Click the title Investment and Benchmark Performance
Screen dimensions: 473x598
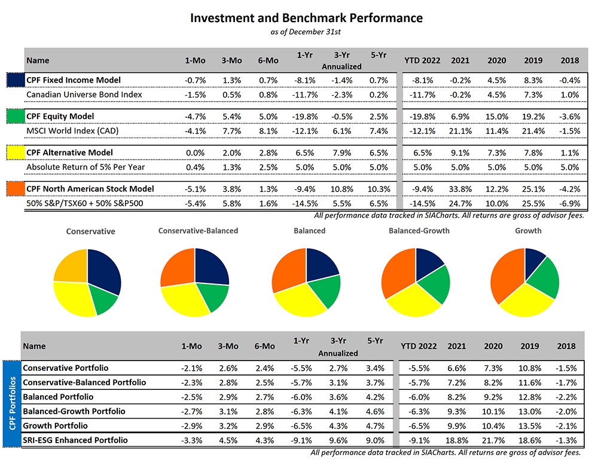pyautogui.click(x=306, y=18)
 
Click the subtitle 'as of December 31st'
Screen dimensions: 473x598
pyautogui.click(x=306, y=32)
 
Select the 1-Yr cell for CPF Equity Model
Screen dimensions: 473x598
pyautogui.click(x=303, y=116)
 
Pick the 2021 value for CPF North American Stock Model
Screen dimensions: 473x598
pyautogui.click(x=460, y=189)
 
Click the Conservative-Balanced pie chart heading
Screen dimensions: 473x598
pyautogui.click(x=198, y=231)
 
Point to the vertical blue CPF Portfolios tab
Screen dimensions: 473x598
pyautogui.click(x=10, y=404)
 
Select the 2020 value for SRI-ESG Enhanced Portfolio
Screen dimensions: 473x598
pyautogui.click(x=496, y=441)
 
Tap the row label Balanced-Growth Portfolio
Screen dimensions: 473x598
pyautogui.click(x=74, y=411)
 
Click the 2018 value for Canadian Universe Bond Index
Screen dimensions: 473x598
pyautogui.click(x=570, y=94)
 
